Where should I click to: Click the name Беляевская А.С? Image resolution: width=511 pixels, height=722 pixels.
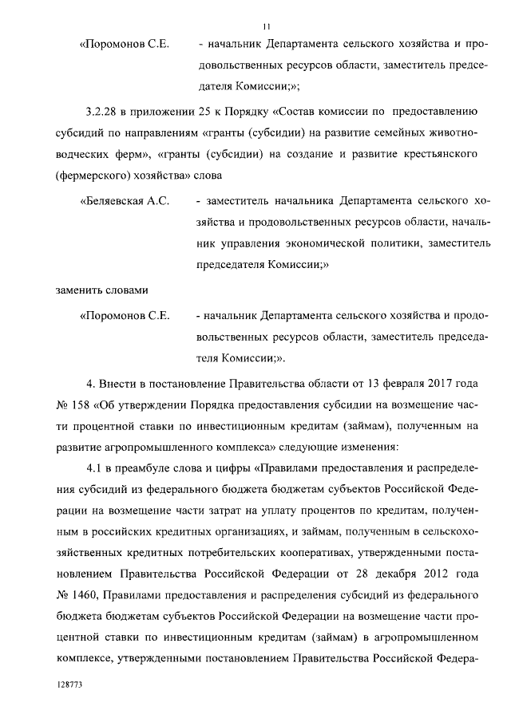(x=125, y=201)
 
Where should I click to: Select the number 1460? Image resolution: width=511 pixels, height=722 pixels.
(x=86, y=594)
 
